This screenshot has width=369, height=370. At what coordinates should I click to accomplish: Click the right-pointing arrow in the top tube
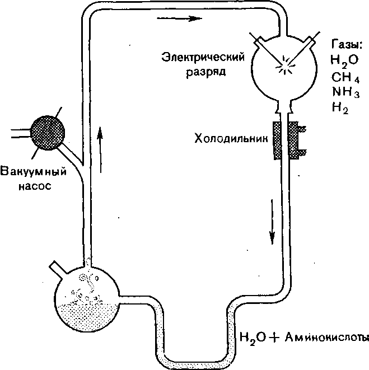tap(179, 18)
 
